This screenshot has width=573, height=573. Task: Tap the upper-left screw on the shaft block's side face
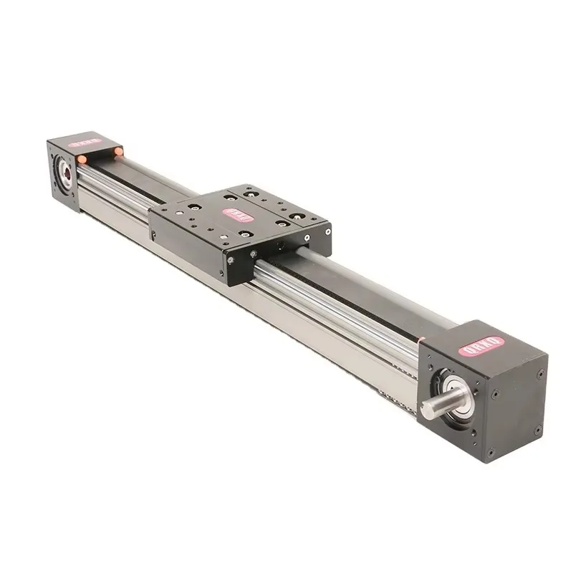point(494,393)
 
